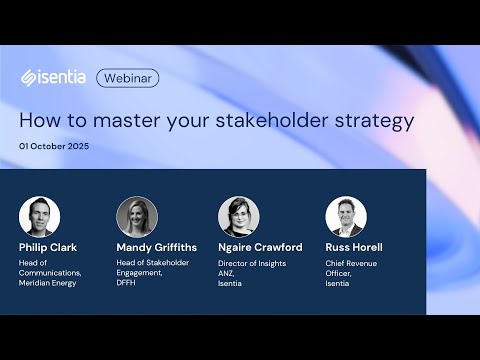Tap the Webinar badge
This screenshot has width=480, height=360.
[x=128, y=77]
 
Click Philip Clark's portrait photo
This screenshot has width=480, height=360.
[x=39, y=216]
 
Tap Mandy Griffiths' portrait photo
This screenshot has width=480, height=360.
[x=137, y=216]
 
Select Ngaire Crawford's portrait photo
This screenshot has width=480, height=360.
[x=239, y=216]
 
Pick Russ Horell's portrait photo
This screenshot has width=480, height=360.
[x=346, y=216]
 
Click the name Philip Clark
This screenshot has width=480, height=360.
[x=48, y=246]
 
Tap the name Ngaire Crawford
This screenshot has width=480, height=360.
[x=260, y=246]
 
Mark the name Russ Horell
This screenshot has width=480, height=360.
[x=354, y=246]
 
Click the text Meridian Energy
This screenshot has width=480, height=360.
[x=51, y=282]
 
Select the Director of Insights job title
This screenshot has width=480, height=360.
[x=251, y=263]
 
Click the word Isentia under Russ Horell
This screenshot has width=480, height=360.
[x=338, y=282]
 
